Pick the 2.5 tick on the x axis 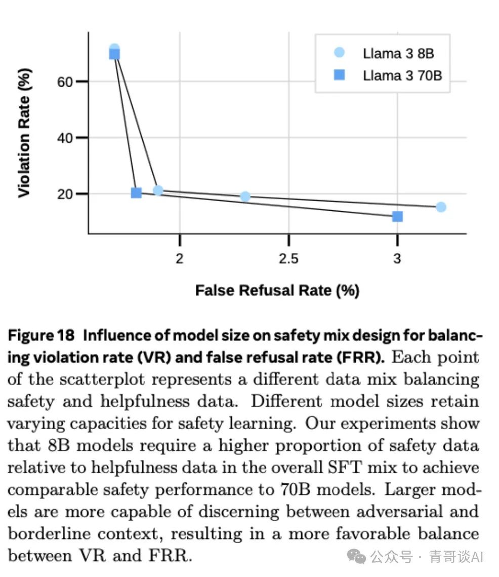click(288, 259)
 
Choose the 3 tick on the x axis click(397, 259)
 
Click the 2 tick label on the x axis click(179, 259)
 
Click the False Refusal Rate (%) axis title click(277, 290)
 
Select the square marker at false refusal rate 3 click(397, 216)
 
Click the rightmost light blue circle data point click(441, 207)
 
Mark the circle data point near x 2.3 click(245, 197)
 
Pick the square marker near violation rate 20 click(136, 193)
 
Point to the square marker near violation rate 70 click(114, 54)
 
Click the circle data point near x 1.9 click(158, 190)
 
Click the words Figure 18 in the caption click(42, 336)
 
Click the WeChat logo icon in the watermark click(359, 556)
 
